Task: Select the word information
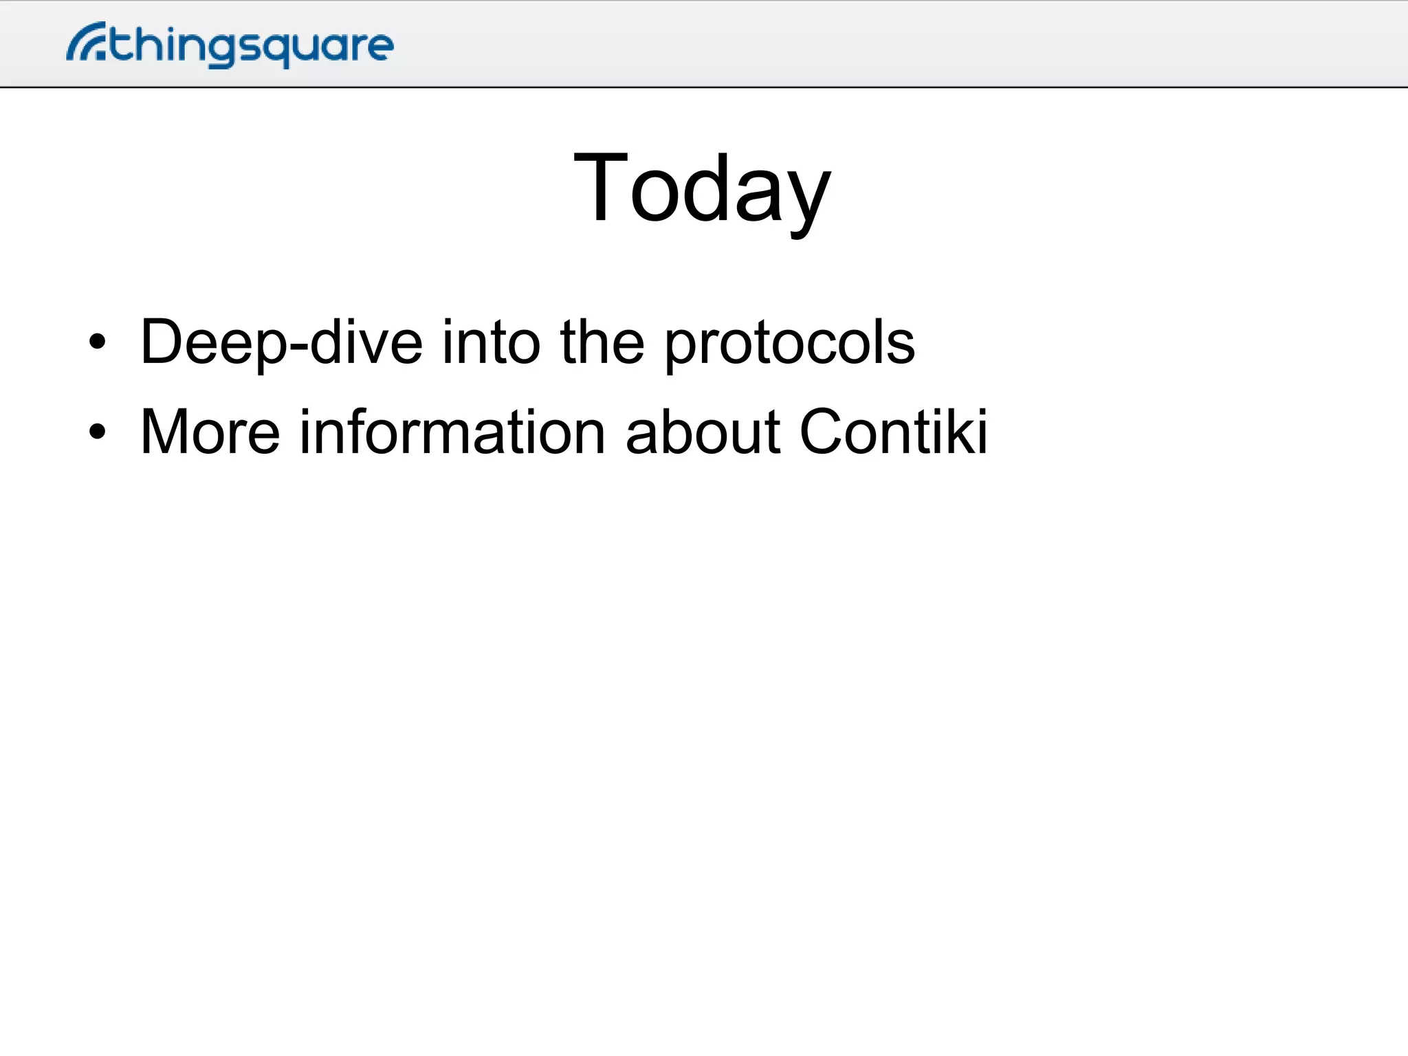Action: coord(452,432)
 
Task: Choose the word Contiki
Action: coord(893,432)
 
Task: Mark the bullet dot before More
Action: coord(98,432)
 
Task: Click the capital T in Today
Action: coord(600,187)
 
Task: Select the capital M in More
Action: coord(166,432)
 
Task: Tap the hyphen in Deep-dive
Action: coord(298,346)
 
